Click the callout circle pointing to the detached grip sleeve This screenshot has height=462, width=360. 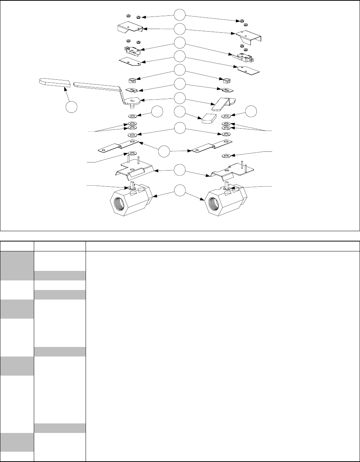point(72,107)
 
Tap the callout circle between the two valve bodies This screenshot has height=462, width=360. point(180,191)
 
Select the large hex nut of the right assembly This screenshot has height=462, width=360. point(224,80)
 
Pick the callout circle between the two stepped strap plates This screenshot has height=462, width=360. point(165,151)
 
